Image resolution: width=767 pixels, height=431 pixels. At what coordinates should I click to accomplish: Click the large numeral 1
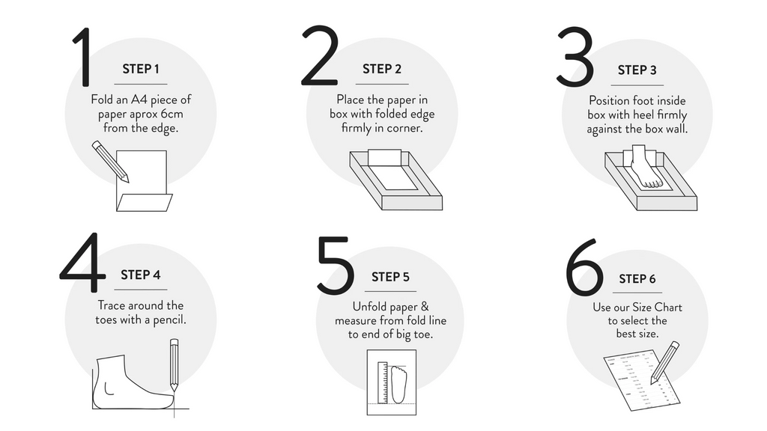tap(84, 57)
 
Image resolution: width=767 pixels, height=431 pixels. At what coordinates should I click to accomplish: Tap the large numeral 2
tap(320, 55)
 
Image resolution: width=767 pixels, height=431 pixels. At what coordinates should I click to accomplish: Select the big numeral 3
tap(575, 57)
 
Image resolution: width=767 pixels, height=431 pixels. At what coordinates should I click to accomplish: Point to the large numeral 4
tap(83, 263)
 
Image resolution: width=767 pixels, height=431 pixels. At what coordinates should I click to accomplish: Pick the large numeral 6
tap(584, 267)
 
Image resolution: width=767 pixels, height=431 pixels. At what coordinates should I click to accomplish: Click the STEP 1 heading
tap(141, 70)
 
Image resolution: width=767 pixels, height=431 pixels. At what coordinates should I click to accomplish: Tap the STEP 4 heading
tap(141, 275)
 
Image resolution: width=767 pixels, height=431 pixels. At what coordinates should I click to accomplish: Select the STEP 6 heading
tap(637, 279)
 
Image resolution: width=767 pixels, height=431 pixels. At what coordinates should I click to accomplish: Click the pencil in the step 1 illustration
tap(111, 162)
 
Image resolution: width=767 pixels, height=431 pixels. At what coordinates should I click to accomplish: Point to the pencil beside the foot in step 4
tap(174, 365)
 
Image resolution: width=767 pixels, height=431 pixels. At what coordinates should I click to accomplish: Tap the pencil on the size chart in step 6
tap(665, 363)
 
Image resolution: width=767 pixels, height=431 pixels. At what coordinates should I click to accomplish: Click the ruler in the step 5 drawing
tap(383, 382)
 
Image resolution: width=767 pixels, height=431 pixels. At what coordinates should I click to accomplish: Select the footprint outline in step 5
tap(398, 385)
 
